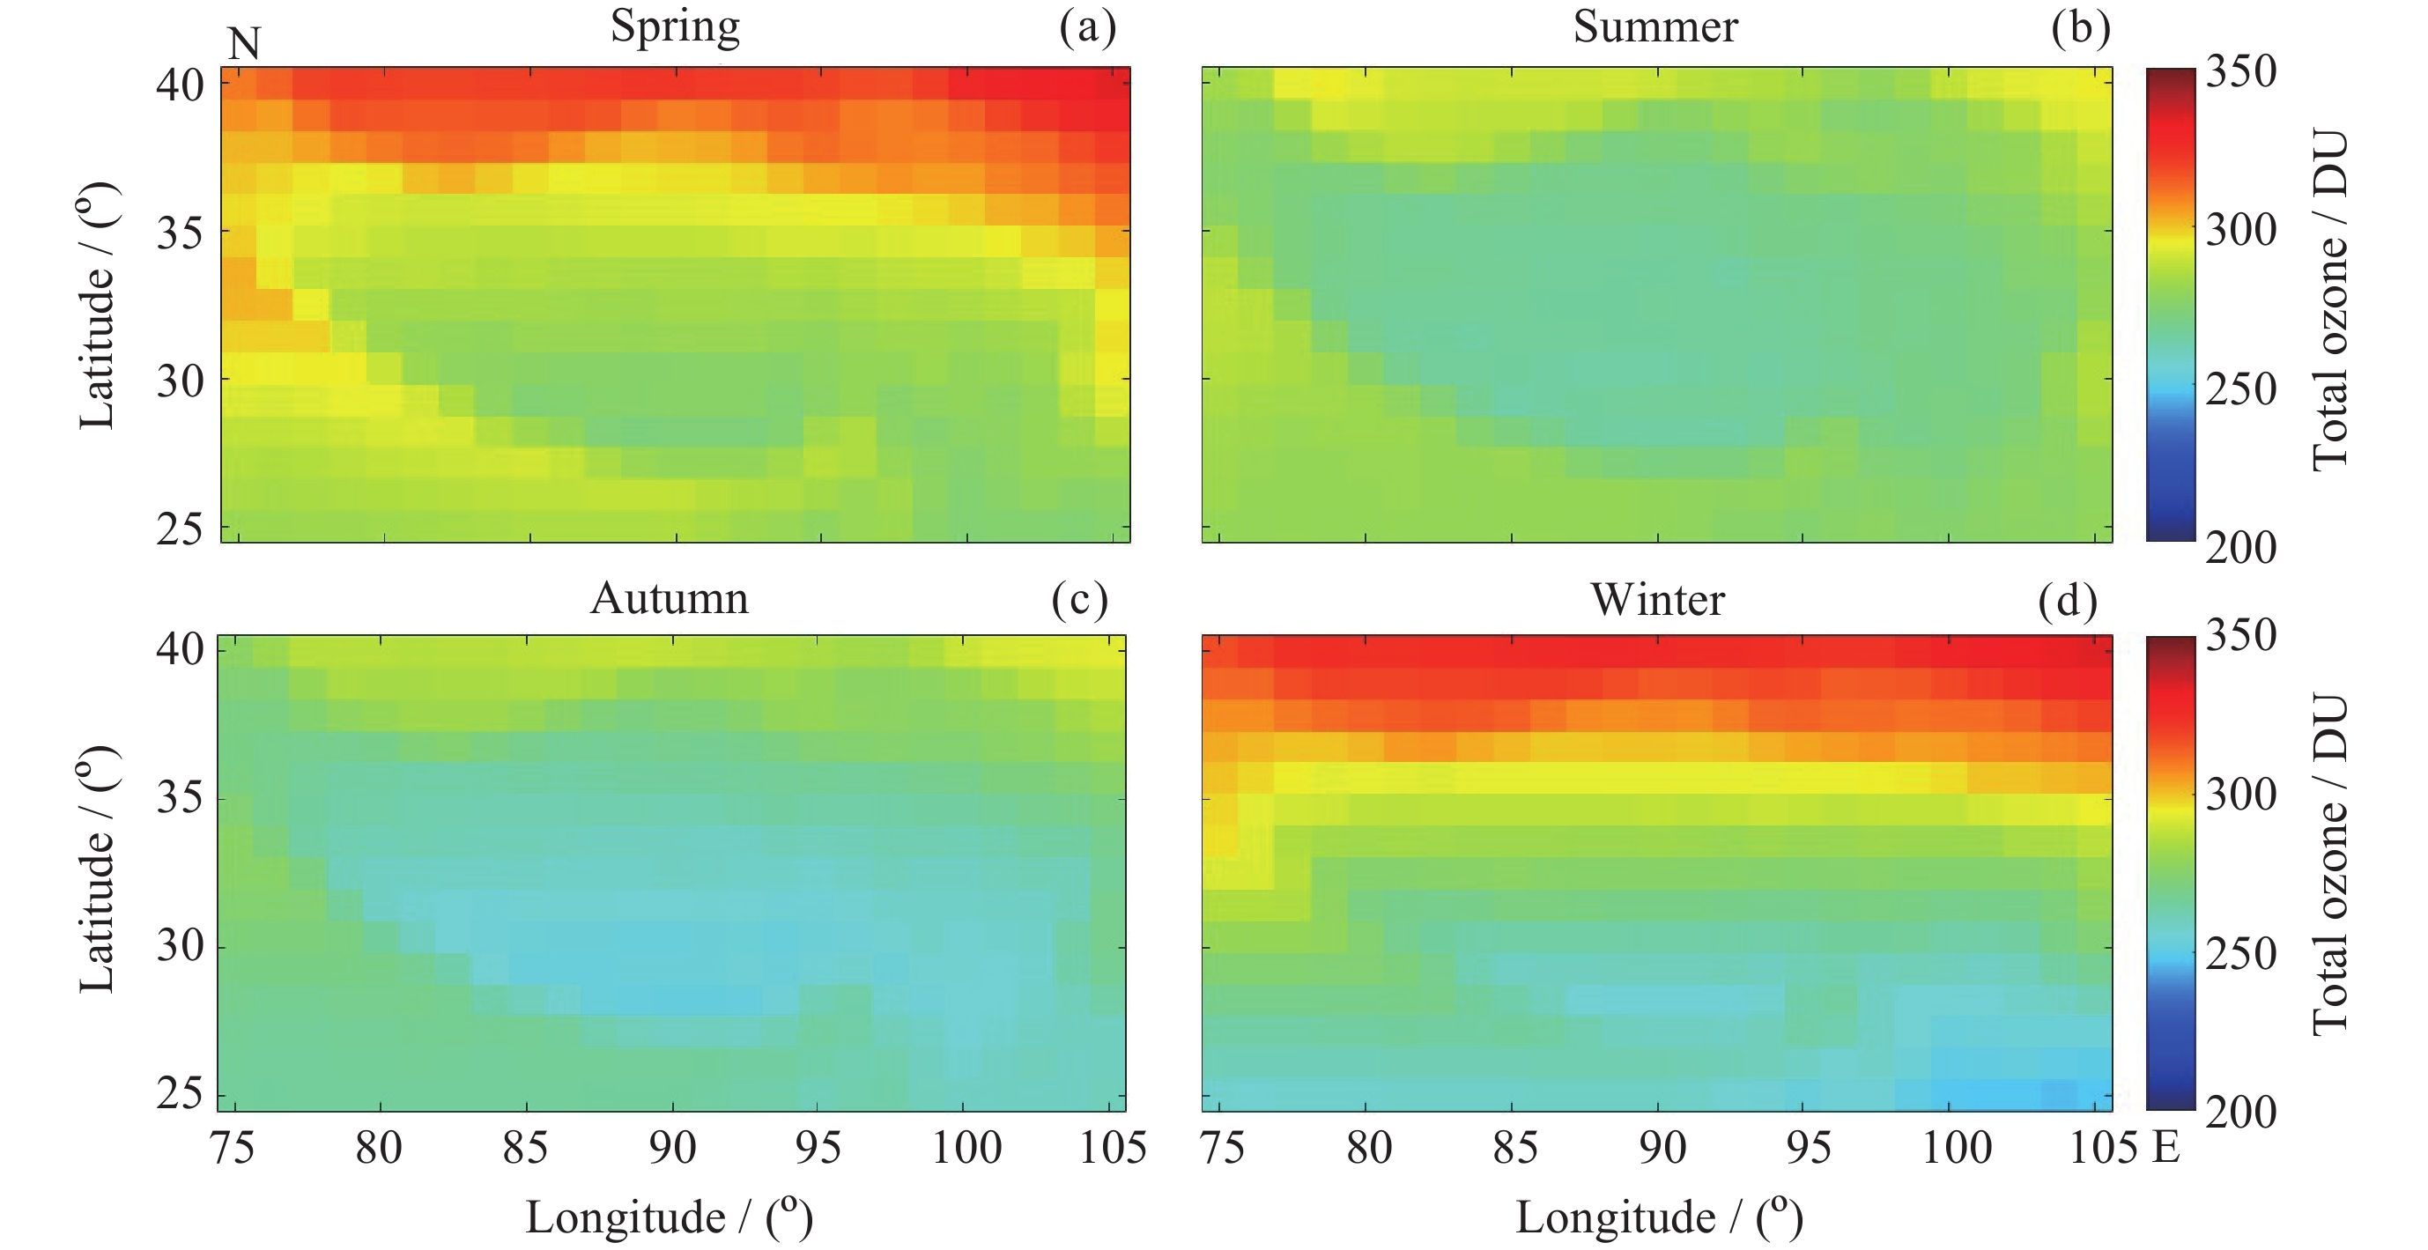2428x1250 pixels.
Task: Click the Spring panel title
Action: pyautogui.click(x=675, y=26)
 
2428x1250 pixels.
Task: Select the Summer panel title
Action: pyautogui.click(x=1655, y=26)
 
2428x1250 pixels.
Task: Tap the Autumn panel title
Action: pyautogui.click(x=670, y=599)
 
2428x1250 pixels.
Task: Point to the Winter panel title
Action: pyautogui.click(x=1658, y=600)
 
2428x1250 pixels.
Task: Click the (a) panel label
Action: pyautogui.click(x=1087, y=27)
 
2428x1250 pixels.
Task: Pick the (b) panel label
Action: pyautogui.click(x=2080, y=27)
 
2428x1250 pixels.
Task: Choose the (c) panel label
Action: pyautogui.click(x=1079, y=600)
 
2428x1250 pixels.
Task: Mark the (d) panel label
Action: pyautogui.click(x=2067, y=601)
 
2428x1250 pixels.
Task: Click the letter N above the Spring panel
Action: pyautogui.click(x=244, y=44)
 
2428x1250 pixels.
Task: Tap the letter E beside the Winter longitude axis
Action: pyautogui.click(x=2167, y=1147)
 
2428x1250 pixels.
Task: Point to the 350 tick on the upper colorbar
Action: pyautogui.click(x=2240, y=70)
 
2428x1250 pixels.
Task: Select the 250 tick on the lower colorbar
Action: pyautogui.click(x=2240, y=953)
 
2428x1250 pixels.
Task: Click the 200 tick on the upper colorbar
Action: pyautogui.click(x=2240, y=547)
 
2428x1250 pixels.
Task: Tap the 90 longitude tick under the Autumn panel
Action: pyautogui.click(x=672, y=1147)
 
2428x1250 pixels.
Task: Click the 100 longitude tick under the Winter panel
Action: pyautogui.click(x=1957, y=1147)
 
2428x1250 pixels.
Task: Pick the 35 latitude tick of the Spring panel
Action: pyautogui.click(x=179, y=232)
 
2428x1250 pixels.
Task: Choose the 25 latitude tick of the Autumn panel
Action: pyautogui.click(x=179, y=1093)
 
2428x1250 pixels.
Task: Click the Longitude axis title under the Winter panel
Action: pyautogui.click(x=1659, y=1217)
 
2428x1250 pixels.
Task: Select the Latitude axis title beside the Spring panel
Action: pyautogui.click(x=96, y=305)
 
